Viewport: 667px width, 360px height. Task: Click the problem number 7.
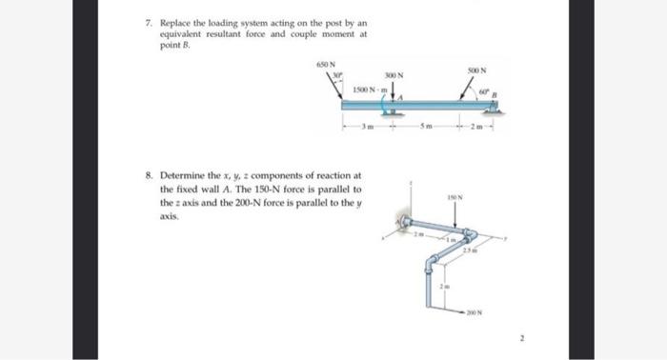click(x=149, y=20)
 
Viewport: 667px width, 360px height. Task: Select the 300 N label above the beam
click(x=394, y=74)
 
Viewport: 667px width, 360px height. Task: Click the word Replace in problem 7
click(x=174, y=20)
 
